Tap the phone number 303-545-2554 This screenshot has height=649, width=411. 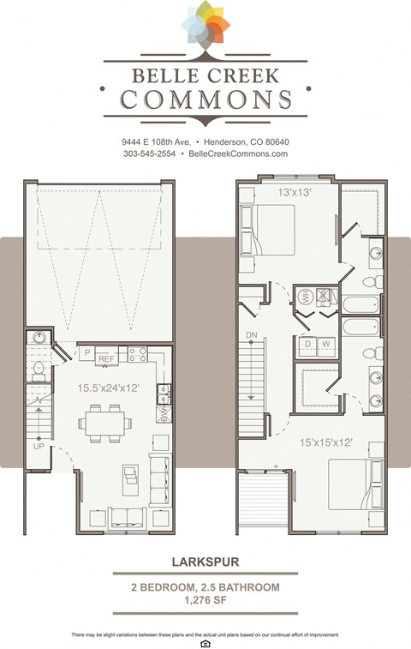tap(148, 153)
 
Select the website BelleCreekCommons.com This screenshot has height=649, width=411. tap(236, 153)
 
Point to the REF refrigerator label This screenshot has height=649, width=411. tap(106, 358)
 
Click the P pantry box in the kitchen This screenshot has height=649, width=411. tap(86, 352)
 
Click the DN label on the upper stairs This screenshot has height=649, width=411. tap(251, 334)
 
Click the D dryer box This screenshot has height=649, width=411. tap(307, 344)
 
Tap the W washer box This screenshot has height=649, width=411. tap(326, 344)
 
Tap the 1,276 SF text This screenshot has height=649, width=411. tap(205, 600)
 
